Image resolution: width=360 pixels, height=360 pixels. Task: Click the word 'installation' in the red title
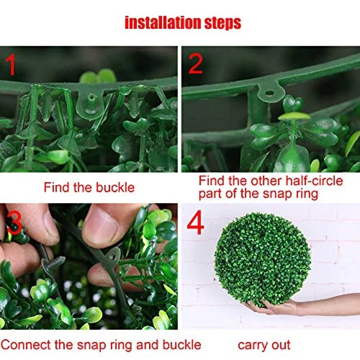(x=163, y=23)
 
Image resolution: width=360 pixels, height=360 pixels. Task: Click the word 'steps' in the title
(x=222, y=24)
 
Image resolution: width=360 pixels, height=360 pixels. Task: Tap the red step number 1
(x=11, y=64)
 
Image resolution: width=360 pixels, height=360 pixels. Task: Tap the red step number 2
(x=196, y=63)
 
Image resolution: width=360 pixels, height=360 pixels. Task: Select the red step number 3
(x=14, y=222)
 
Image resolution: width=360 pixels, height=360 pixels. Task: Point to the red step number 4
(x=196, y=222)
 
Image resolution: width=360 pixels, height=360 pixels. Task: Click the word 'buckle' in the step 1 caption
(x=115, y=187)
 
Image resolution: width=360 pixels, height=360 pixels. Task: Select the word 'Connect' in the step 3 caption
(x=26, y=345)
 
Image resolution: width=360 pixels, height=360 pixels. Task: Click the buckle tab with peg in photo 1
(x=91, y=103)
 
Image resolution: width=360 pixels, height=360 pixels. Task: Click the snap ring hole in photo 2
(x=270, y=92)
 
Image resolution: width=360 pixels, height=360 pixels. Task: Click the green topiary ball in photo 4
(x=263, y=259)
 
